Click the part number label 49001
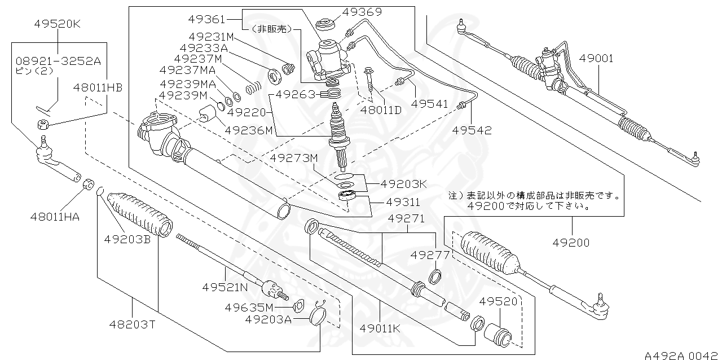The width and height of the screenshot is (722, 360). click(x=599, y=59)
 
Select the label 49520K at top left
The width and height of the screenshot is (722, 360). click(x=58, y=24)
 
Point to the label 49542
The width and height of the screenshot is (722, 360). click(x=472, y=130)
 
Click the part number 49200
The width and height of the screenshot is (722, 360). click(x=570, y=243)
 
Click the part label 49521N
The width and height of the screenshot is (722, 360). click(x=225, y=287)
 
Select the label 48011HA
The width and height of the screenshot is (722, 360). click(x=54, y=216)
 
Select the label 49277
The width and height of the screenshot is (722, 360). click(x=430, y=255)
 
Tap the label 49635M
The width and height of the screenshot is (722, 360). click(x=249, y=308)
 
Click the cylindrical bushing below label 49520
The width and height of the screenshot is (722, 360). click(x=500, y=335)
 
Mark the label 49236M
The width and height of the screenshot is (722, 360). click(x=249, y=130)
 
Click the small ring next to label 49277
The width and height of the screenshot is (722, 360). click(x=436, y=276)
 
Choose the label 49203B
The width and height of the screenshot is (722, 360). click(x=127, y=239)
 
